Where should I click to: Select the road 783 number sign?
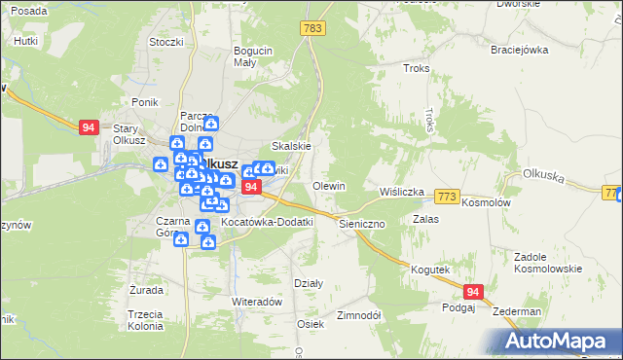tap(312, 29)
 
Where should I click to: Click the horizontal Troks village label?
tap(416, 68)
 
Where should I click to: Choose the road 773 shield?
tap(447, 197)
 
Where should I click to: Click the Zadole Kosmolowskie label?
tap(547, 262)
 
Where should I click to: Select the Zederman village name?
tap(517, 311)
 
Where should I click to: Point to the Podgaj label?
tap(458, 307)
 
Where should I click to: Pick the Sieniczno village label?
tap(363, 223)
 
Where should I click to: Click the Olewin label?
tap(328, 185)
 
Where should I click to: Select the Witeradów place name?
tap(256, 302)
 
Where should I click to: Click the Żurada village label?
tap(145, 290)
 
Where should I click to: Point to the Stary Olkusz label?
tap(129, 134)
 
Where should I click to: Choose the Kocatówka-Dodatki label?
tap(267, 222)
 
